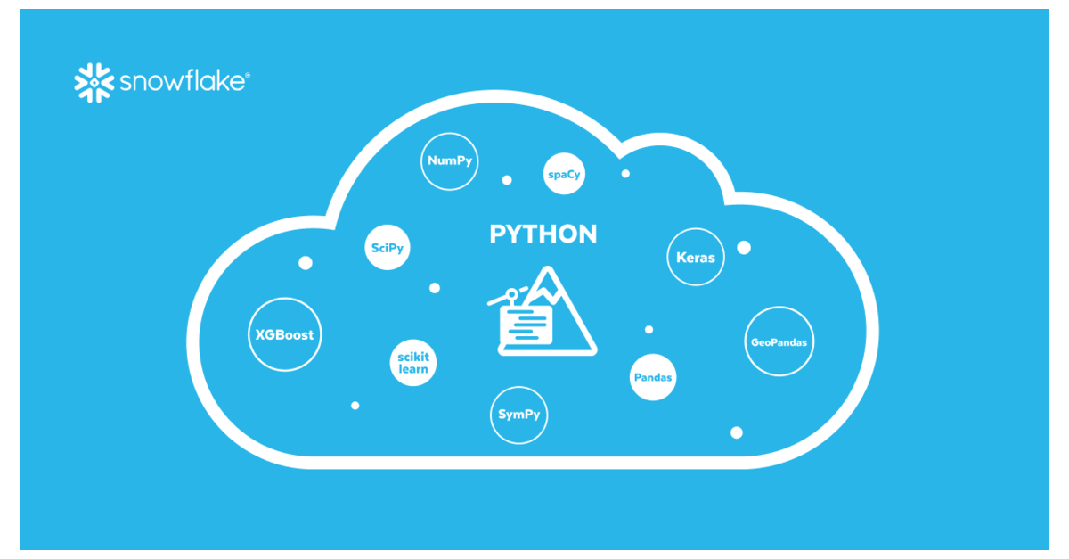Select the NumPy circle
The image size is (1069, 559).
click(x=449, y=161)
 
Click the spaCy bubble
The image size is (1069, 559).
click(x=564, y=174)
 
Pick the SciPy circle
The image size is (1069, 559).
click(x=388, y=248)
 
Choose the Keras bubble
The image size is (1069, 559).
click(x=696, y=257)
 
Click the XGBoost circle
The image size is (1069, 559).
click(x=284, y=336)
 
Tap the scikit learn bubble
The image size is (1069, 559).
click(x=413, y=363)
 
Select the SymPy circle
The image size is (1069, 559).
click(x=518, y=415)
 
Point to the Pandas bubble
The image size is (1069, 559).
click(x=653, y=377)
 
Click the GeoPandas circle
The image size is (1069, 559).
click(x=779, y=341)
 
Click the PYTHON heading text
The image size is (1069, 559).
click(x=543, y=234)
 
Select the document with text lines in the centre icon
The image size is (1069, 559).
click(x=526, y=324)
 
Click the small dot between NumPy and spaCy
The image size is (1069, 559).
click(x=507, y=180)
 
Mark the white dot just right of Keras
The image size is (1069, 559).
click(x=744, y=247)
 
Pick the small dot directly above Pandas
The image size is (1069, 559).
click(x=649, y=330)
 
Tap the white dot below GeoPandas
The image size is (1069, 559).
click(x=736, y=432)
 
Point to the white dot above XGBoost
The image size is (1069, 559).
click(x=305, y=263)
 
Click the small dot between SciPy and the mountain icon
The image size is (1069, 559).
click(x=435, y=288)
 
